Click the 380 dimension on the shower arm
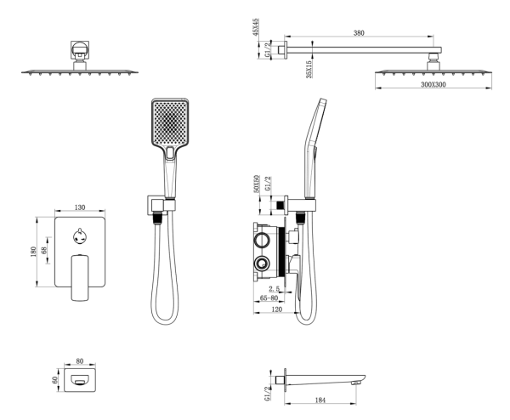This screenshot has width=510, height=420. pyautogui.click(x=359, y=33)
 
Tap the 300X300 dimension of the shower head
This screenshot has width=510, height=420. pyautogui.click(x=433, y=84)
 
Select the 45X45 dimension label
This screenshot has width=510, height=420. pyautogui.click(x=256, y=27)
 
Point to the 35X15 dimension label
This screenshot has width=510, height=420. pyautogui.click(x=309, y=70)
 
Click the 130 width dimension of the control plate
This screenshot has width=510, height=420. pyautogui.click(x=80, y=207)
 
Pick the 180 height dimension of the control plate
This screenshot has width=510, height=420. pyautogui.click(x=33, y=252)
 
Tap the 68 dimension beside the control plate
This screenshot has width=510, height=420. pyautogui.click(x=44, y=250)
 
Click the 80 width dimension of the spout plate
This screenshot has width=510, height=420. pyautogui.click(x=80, y=360)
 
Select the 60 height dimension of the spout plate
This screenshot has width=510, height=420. pyautogui.click(x=54, y=380)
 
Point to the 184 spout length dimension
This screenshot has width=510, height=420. pyautogui.click(x=320, y=400)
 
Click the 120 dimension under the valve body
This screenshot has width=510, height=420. pyautogui.click(x=276, y=309)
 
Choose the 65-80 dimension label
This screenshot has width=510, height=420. pyautogui.click(x=269, y=298)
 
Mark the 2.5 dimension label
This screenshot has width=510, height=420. pyautogui.click(x=275, y=288)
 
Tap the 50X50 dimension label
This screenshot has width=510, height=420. pyautogui.click(x=257, y=184)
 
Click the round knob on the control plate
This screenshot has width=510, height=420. pyautogui.click(x=80, y=236)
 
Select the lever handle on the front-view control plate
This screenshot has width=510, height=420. pyautogui.click(x=80, y=277)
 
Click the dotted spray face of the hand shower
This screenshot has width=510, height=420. pyautogui.click(x=170, y=122)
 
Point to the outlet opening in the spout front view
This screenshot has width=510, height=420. pyautogui.click(x=80, y=380)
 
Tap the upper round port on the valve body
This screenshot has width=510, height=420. pyautogui.click(x=262, y=240)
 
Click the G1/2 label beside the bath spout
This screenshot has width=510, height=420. pyautogui.click(x=268, y=394)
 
